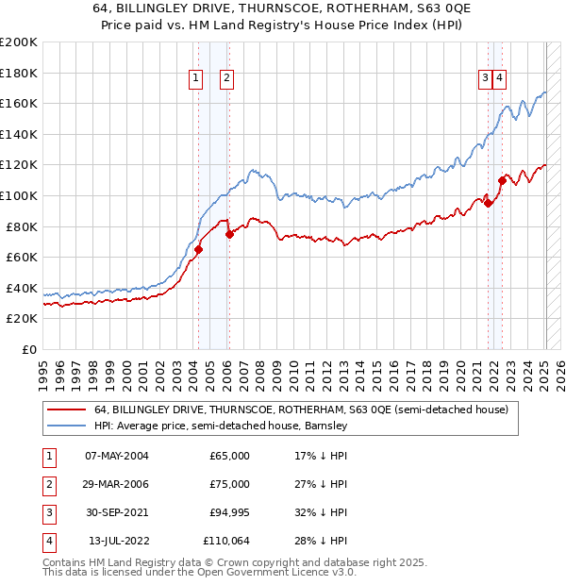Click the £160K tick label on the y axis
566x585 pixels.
(19, 103)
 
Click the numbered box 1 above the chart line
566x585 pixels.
(196, 79)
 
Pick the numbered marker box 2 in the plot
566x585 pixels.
(227, 79)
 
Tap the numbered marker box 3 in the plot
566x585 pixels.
(484, 79)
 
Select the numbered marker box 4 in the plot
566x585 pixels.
(499, 79)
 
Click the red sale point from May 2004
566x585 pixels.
(199, 249)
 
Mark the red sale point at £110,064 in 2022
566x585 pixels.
(502, 180)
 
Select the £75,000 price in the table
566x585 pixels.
(229, 484)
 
